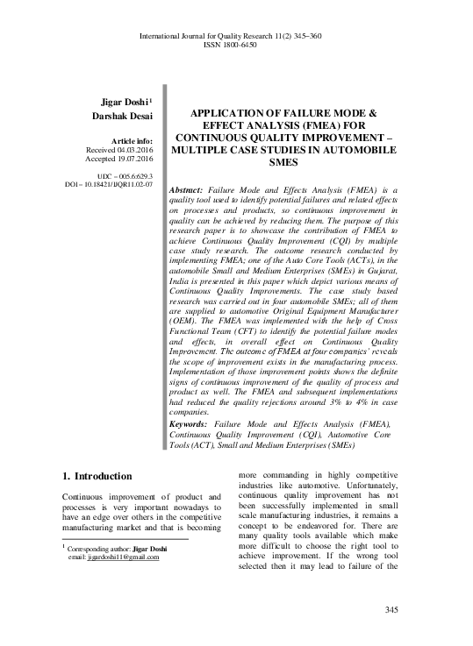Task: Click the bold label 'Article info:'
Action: point(130,142)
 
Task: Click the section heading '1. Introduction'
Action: point(97,477)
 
